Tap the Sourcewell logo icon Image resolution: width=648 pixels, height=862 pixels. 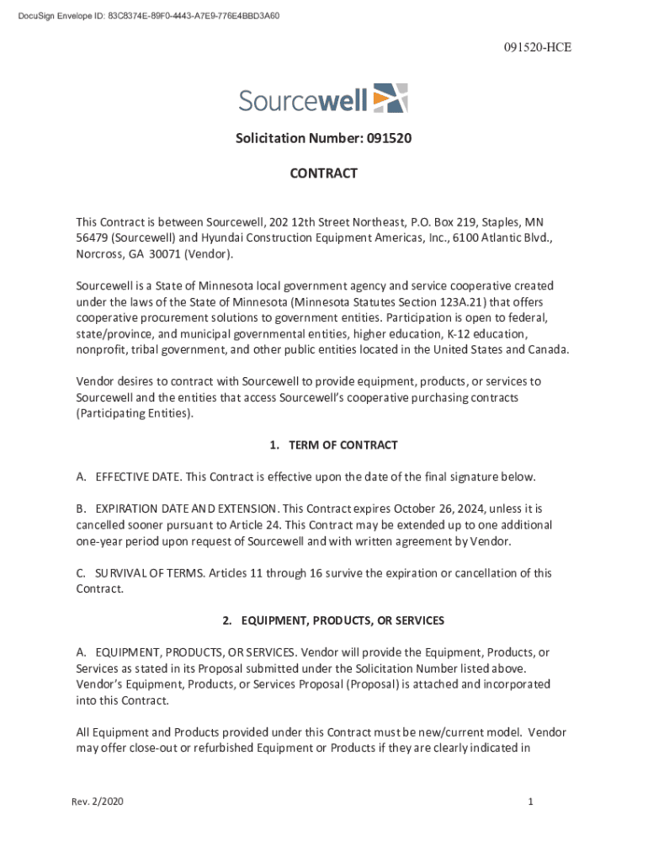coord(390,98)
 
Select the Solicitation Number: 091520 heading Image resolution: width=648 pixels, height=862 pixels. coord(323,138)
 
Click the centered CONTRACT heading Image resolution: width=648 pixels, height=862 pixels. coord(323,174)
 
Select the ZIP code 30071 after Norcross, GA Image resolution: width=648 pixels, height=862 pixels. coord(177,254)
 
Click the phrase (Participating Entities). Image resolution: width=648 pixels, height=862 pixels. coord(134,413)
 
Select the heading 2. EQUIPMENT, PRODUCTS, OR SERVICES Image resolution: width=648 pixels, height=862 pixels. coord(333,621)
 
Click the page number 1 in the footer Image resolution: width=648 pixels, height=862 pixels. coord(531,802)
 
